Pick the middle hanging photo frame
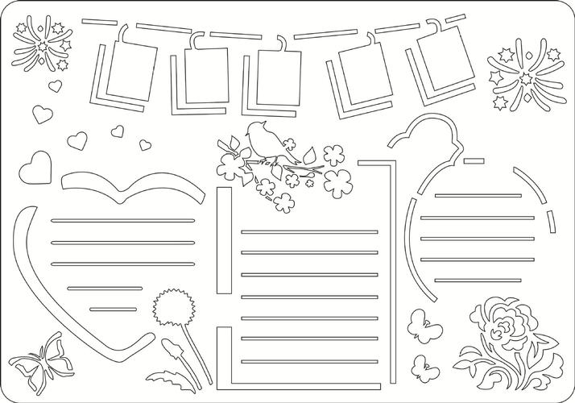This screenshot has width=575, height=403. point(279,75)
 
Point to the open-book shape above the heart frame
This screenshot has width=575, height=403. point(131,185)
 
